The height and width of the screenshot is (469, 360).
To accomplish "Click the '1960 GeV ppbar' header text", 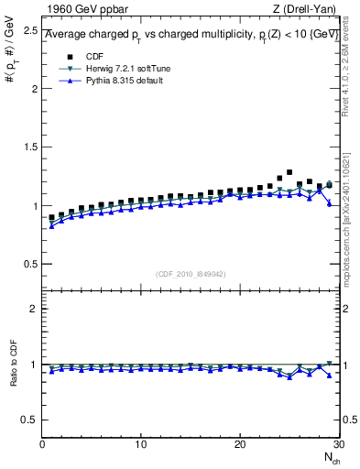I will [x=83, y=10].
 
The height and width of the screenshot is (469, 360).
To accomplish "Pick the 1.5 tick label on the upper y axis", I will [x=29, y=147].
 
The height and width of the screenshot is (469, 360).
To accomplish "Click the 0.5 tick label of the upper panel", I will [x=29, y=264].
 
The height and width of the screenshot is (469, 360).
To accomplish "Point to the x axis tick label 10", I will [x=140, y=444].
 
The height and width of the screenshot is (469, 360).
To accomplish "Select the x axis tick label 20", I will [x=239, y=444].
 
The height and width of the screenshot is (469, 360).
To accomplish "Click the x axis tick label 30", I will [x=337, y=444].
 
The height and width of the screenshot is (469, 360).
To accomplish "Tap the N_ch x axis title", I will [x=331, y=457].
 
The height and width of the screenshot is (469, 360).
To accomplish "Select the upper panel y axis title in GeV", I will [x=12, y=57].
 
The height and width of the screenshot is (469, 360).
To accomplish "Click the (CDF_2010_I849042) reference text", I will [x=191, y=274].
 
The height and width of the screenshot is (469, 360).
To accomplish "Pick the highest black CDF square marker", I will [x=289, y=172].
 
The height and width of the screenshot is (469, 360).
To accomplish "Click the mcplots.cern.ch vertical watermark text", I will [x=352, y=220].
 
